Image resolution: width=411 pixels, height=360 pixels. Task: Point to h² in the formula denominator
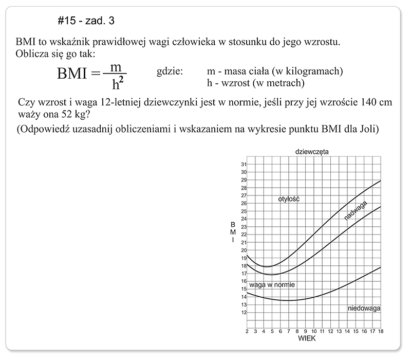[119, 83]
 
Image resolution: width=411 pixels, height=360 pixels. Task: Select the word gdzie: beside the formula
[170, 71]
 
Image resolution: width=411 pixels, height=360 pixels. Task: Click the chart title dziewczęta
[312, 152]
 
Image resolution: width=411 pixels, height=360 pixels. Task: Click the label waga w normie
[272, 284]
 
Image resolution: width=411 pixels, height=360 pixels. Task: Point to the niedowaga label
[364, 309]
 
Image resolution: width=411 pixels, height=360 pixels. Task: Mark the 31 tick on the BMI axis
[244, 164]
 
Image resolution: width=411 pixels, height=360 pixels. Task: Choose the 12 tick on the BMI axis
[244, 312]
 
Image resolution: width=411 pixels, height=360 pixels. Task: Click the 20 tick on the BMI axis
[244, 250]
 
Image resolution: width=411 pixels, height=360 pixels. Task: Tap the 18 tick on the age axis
[380, 331]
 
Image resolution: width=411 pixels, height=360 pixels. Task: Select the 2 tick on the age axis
[248, 331]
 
